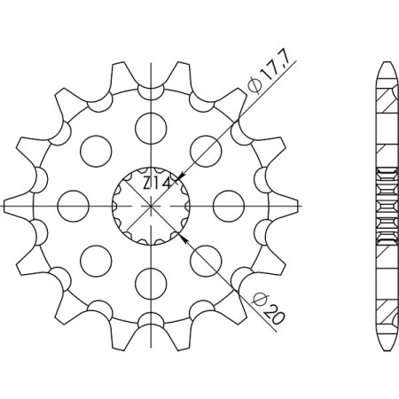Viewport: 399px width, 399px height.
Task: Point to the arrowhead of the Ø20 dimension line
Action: (x=184, y=237)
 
